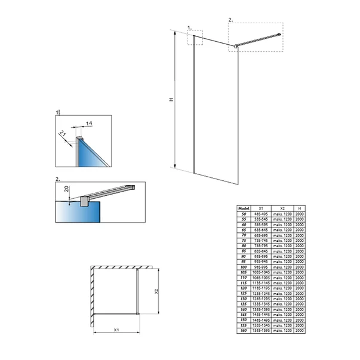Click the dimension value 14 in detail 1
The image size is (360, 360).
click(x=88, y=123)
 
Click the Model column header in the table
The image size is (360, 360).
click(x=244, y=208)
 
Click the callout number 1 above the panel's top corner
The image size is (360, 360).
click(x=190, y=27)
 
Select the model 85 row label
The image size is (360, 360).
click(x=244, y=250)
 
